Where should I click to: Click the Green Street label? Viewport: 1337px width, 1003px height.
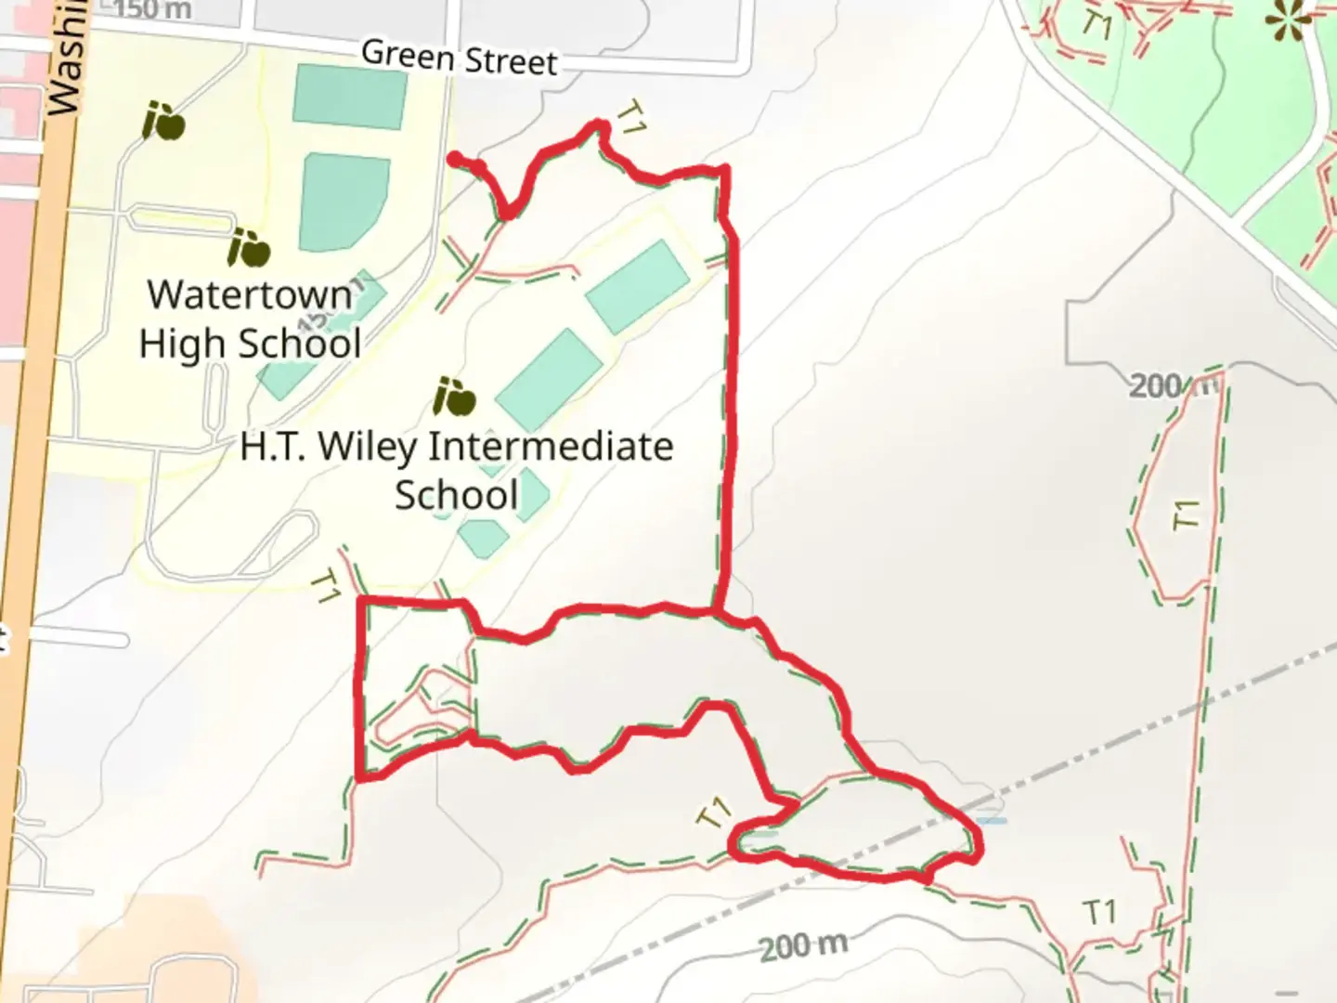click(460, 57)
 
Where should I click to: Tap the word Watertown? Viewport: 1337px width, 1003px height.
click(250, 295)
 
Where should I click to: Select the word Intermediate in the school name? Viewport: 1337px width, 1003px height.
click(551, 447)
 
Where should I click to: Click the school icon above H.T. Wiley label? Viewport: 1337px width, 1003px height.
click(454, 397)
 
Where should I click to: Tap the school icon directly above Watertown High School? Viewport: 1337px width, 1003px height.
click(249, 247)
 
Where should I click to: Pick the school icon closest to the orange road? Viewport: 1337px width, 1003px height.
click(163, 122)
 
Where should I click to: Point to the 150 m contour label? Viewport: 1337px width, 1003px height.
click(153, 10)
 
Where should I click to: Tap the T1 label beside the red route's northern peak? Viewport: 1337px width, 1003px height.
click(631, 119)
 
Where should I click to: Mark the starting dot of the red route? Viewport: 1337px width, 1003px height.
click(455, 160)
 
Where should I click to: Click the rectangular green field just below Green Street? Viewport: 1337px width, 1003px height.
click(350, 97)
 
